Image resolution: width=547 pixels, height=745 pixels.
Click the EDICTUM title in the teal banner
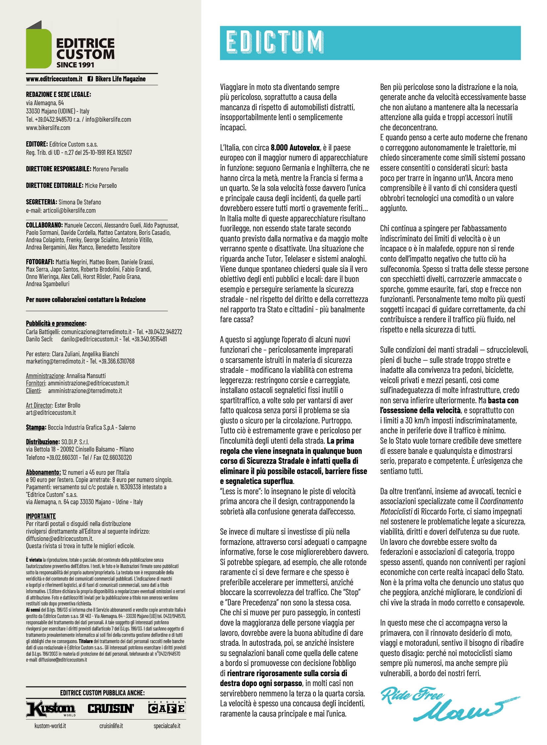coord(274,42)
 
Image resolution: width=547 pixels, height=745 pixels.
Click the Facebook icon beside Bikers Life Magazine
coord(90,79)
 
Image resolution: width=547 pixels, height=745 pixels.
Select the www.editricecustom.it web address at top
coord(54,79)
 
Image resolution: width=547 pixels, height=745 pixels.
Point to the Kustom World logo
coord(51,709)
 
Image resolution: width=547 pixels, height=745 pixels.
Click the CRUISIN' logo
coord(111,709)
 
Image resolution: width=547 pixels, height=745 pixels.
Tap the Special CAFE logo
coord(167,708)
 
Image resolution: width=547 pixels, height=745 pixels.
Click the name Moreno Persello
coord(110,169)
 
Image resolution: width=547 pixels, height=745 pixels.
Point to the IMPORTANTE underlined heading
coord(41,516)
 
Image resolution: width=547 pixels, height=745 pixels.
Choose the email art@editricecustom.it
coord(51,413)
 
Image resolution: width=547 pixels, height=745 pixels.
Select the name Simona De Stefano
coord(80,202)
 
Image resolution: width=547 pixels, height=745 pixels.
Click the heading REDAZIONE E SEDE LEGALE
coord(59,94)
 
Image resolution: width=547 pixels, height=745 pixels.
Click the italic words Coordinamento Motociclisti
coord(502,501)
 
